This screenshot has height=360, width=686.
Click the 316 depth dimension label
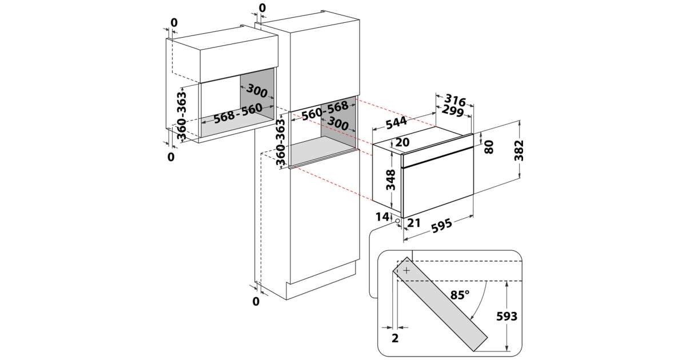[454, 101]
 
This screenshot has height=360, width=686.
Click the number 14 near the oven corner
[382, 217]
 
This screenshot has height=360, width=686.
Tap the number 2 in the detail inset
[395, 338]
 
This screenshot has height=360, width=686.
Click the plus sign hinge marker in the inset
[406, 270]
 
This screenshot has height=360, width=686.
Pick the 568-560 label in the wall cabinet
[238, 113]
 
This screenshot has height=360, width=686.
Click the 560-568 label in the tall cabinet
[325, 110]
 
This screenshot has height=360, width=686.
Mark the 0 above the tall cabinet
[262, 7]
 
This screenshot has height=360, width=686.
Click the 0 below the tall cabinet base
[256, 301]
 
